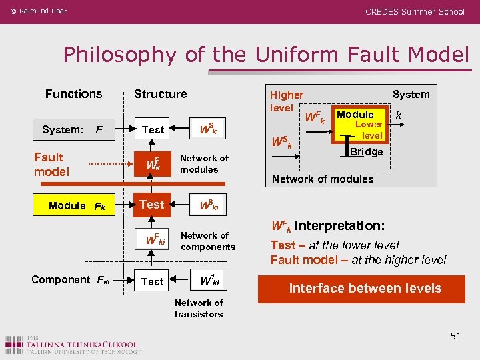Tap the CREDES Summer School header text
click(x=415, y=11)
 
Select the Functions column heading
click(x=73, y=94)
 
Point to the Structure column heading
click(x=160, y=94)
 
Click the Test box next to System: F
click(x=153, y=129)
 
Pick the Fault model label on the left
click(x=51, y=164)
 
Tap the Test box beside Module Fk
click(x=153, y=205)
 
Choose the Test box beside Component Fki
click(x=153, y=281)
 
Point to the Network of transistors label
click(x=199, y=308)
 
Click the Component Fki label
click(x=70, y=280)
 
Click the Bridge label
click(x=367, y=151)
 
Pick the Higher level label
click(x=286, y=101)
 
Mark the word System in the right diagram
click(x=411, y=94)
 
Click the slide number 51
click(x=455, y=336)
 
